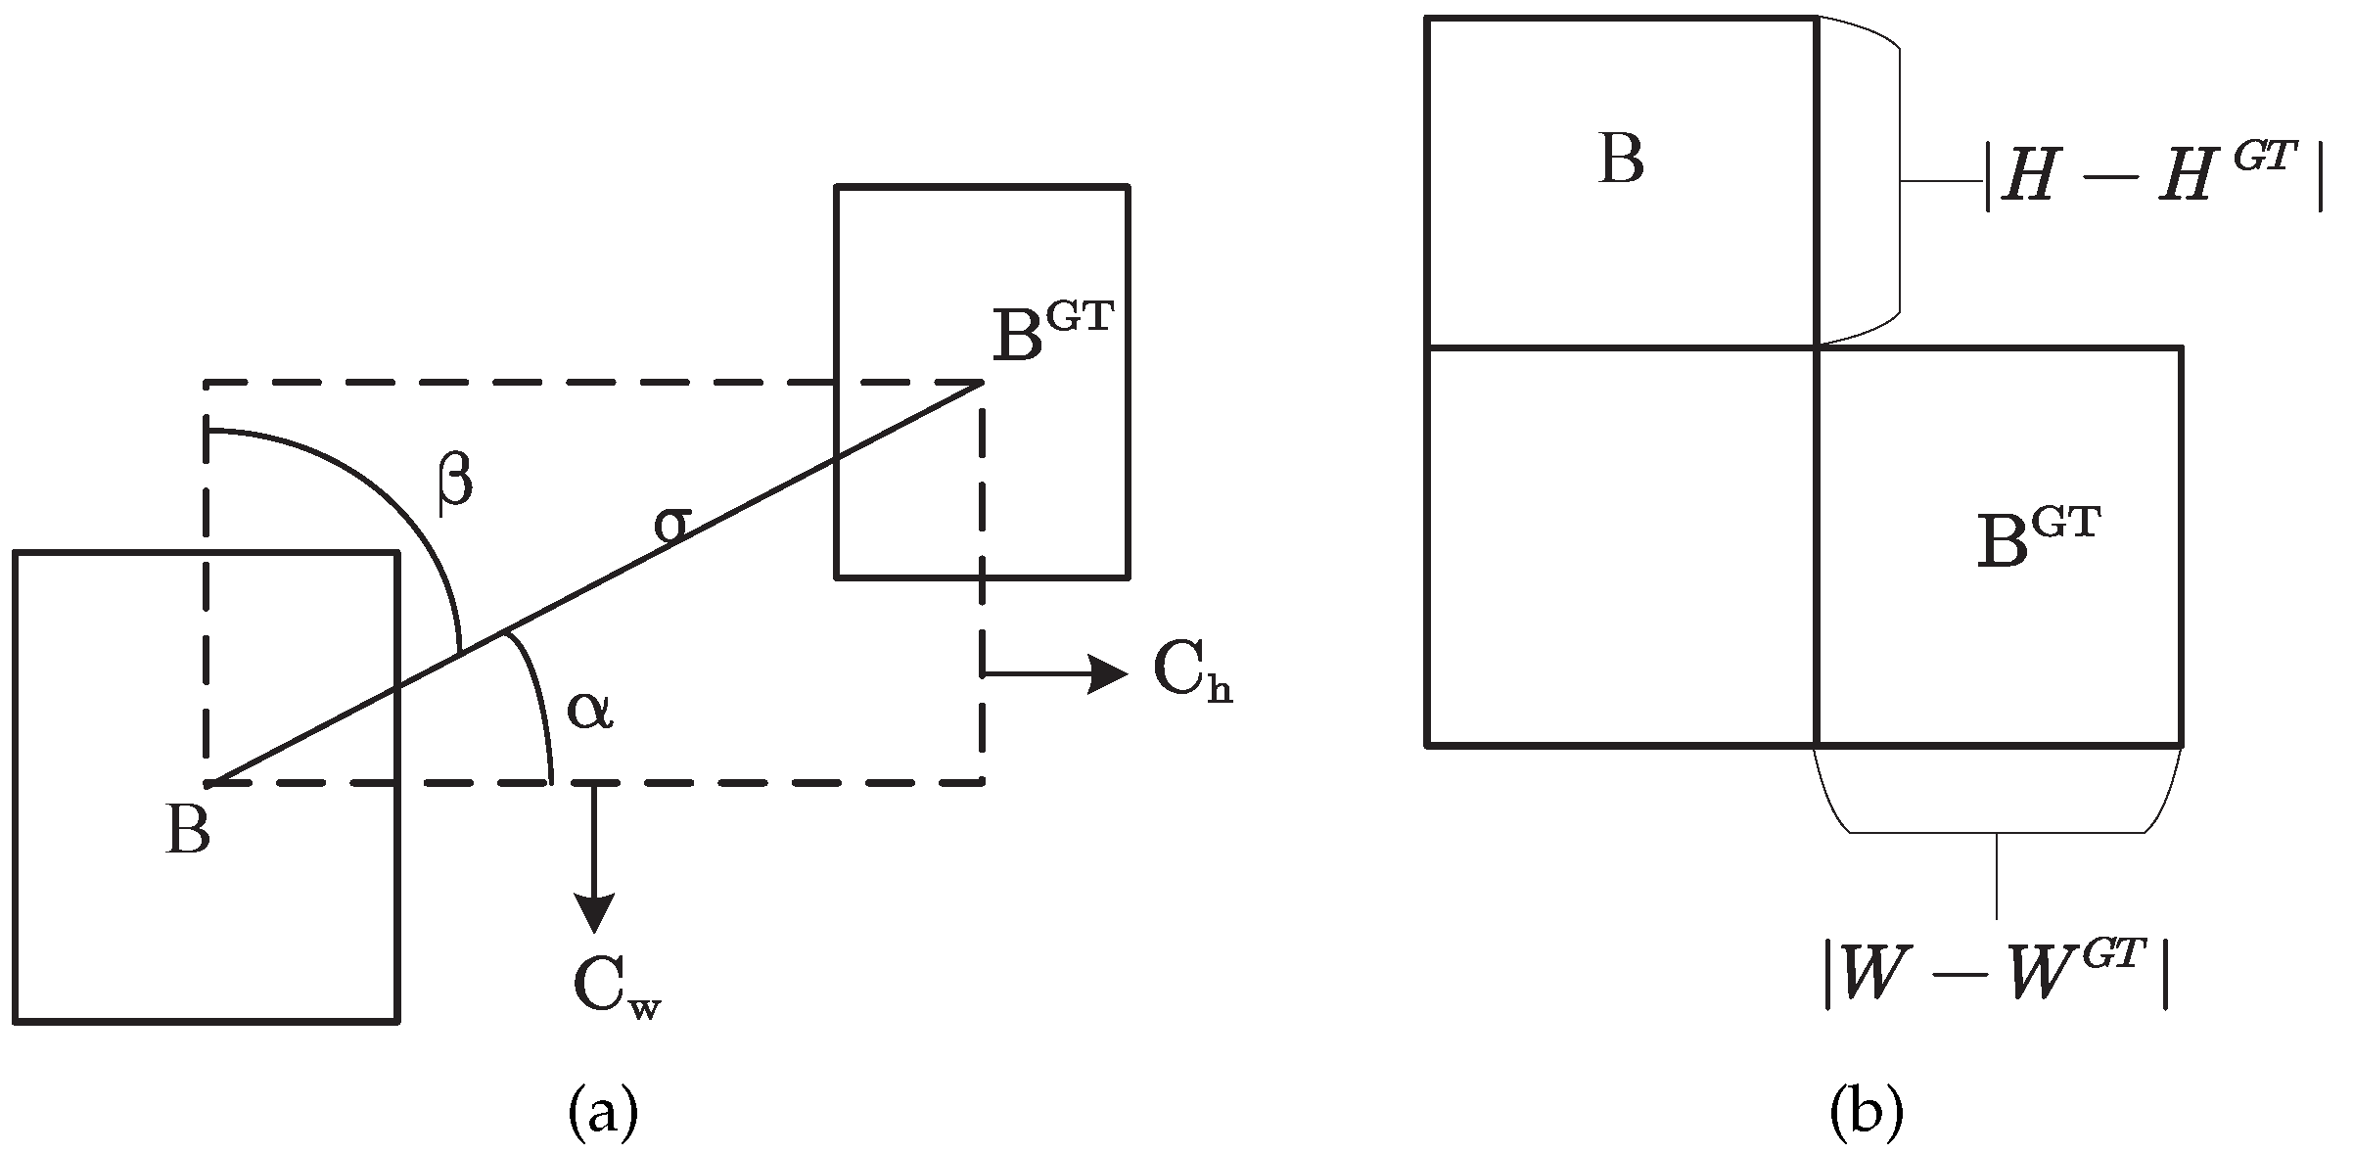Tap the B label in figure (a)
pyautogui.click(x=188, y=833)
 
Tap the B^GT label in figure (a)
pyautogui.click(x=1052, y=334)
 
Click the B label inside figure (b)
pyautogui.click(x=1621, y=159)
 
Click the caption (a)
pyautogui.click(x=603, y=1114)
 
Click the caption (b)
pyautogui.click(x=1866, y=1114)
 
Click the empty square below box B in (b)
pyautogui.click(x=1621, y=545)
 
